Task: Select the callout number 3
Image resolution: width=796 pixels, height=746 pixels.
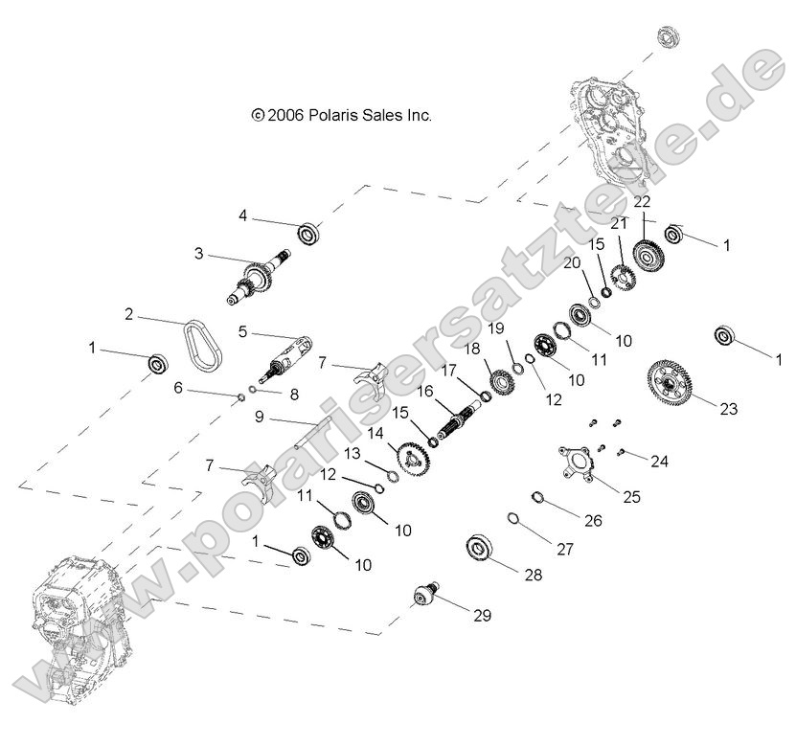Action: point(198,254)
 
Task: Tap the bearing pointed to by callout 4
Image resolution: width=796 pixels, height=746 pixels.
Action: point(308,233)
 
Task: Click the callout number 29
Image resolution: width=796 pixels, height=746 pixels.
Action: point(481,616)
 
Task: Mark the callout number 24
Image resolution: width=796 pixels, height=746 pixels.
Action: point(659,461)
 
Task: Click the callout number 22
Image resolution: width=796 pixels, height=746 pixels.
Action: point(642,201)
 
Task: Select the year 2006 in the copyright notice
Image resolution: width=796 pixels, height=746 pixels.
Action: point(284,115)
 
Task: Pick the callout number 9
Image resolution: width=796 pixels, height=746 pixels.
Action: point(259,417)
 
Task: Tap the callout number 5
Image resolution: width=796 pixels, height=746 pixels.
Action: point(242,331)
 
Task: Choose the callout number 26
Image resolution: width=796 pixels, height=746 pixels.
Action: point(593,522)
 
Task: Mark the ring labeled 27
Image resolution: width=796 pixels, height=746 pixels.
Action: point(513,519)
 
